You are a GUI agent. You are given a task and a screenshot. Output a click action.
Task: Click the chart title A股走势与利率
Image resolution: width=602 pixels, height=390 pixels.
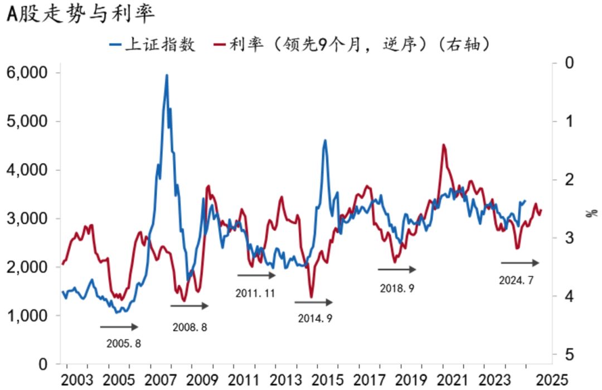[80, 14]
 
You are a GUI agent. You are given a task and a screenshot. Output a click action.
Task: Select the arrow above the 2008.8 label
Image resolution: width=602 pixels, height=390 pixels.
[190, 306]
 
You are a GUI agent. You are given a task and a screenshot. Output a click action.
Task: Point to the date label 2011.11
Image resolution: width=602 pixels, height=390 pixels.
[255, 293]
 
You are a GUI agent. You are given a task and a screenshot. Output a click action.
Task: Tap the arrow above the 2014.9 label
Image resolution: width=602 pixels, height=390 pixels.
[313, 302]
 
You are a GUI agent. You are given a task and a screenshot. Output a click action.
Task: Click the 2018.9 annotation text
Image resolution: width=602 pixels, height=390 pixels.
[397, 288]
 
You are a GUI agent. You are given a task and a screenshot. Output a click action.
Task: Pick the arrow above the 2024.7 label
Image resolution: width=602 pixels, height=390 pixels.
[520, 263]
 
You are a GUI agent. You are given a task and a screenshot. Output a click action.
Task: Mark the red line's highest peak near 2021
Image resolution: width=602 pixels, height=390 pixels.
[444, 145]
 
